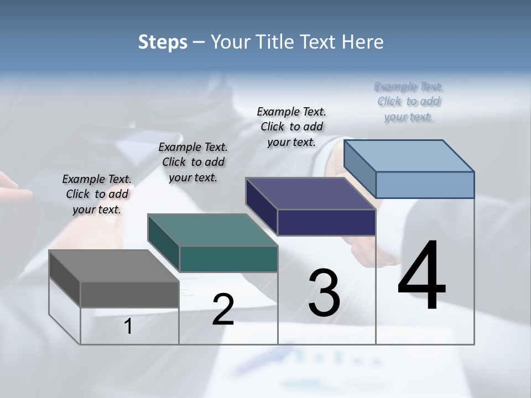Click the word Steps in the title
[x=163, y=42]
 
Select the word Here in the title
[x=363, y=42]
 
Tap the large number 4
[x=421, y=276]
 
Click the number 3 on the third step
[x=324, y=293]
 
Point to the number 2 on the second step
[x=223, y=310]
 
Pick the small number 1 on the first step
[x=128, y=327]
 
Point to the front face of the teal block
[x=228, y=259]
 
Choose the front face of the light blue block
[x=425, y=185]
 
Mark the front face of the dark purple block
[x=326, y=222]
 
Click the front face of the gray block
[x=129, y=294]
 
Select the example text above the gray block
[x=97, y=194]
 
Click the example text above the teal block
[x=193, y=162]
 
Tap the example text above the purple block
[x=291, y=127]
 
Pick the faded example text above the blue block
[x=409, y=101]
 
